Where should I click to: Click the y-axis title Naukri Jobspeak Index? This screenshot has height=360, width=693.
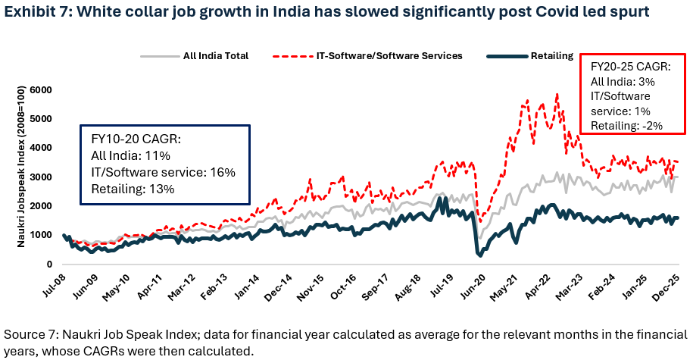point(16,177)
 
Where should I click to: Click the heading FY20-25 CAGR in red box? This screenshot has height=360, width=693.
point(629,65)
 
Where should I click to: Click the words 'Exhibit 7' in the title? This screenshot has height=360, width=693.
point(33,13)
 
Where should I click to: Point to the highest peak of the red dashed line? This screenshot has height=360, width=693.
point(557,94)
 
